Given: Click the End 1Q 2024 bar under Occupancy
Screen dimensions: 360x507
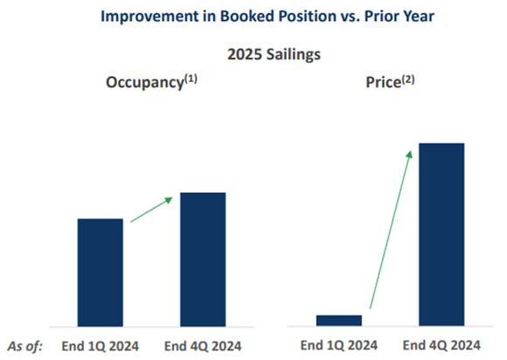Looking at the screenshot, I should click(x=101, y=272).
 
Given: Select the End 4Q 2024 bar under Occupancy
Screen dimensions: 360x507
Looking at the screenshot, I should click(x=203, y=259).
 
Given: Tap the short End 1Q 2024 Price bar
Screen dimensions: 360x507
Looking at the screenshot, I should click(x=339, y=320).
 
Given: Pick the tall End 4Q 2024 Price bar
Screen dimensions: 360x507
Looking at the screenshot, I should click(x=441, y=234).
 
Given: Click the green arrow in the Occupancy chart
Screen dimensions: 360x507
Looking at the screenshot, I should click(x=151, y=211).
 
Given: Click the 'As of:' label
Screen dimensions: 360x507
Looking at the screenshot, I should click(x=24, y=344).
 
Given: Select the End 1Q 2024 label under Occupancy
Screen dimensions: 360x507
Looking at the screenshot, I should click(x=99, y=344).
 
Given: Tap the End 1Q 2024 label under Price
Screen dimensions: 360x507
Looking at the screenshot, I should click(x=339, y=344).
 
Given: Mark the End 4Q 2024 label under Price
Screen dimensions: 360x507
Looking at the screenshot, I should click(x=442, y=344).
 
